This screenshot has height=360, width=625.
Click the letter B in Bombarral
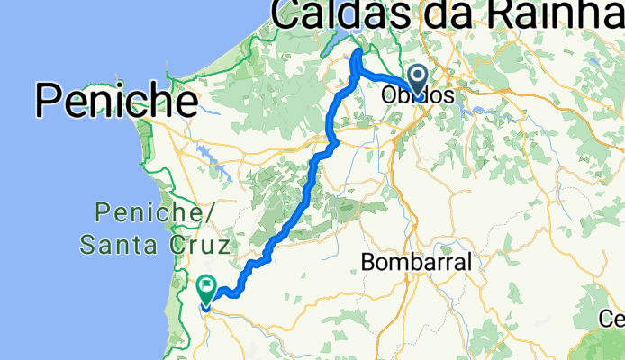coord(367,263)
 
